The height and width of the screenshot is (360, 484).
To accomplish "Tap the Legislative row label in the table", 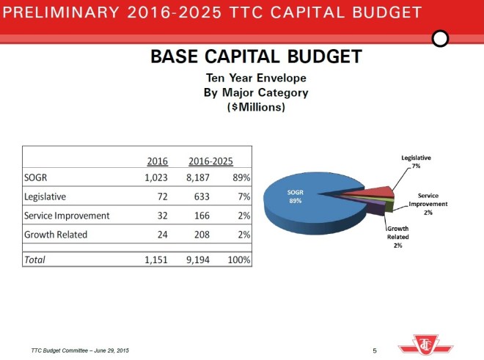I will (45, 196).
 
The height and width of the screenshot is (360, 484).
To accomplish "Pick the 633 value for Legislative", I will (200, 196).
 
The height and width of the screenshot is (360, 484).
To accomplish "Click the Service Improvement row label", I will (67, 216).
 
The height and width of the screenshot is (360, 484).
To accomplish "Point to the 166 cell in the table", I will (200, 216).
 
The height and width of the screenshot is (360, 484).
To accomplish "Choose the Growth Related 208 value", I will (200, 235).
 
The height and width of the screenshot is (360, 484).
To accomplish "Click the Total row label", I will (34, 259).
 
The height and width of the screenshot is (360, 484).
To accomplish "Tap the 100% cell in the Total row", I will (238, 259).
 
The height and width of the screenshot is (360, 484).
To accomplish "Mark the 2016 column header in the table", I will (158, 161).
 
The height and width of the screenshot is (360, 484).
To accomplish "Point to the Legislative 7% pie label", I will (416, 162).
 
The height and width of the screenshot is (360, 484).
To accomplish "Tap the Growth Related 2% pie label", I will (397, 237).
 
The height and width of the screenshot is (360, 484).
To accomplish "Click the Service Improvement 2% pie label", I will (428, 204).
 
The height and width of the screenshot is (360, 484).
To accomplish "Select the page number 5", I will (375, 350).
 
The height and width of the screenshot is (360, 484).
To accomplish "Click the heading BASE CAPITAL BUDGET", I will (256, 56).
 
